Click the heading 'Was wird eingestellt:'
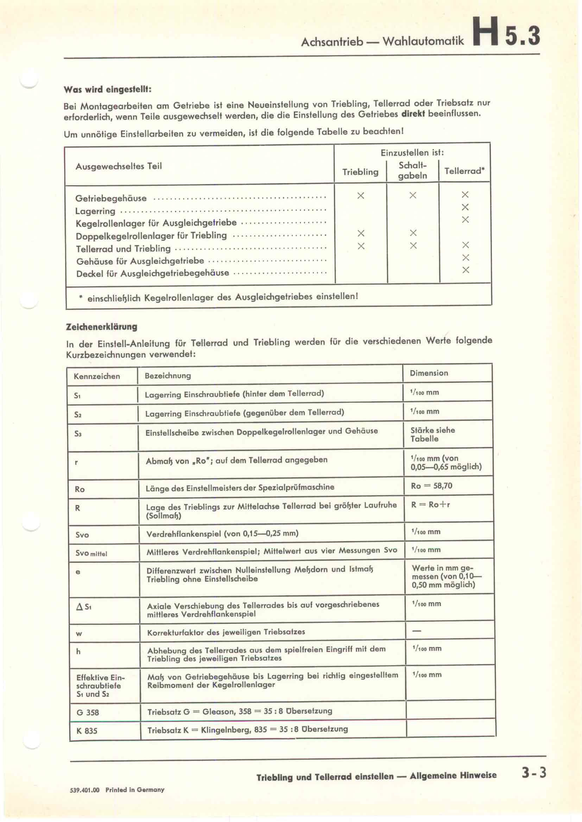[x=108, y=89]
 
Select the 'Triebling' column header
[x=360, y=172]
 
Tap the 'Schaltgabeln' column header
[x=412, y=170]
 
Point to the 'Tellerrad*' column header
[x=464, y=171]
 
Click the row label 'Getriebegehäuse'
[x=111, y=198]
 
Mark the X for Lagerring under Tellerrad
[x=465, y=207]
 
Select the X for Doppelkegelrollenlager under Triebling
[x=361, y=233]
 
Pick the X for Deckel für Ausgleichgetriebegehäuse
[x=466, y=270]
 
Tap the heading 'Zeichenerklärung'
[x=101, y=326]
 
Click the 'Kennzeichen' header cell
[x=97, y=376]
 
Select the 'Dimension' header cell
[x=429, y=373]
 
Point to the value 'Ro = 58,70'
[x=431, y=486]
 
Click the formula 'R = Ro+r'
[x=430, y=505]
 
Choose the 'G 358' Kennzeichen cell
[x=88, y=712]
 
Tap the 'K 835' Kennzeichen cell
[x=87, y=731]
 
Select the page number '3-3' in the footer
[x=534, y=773]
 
